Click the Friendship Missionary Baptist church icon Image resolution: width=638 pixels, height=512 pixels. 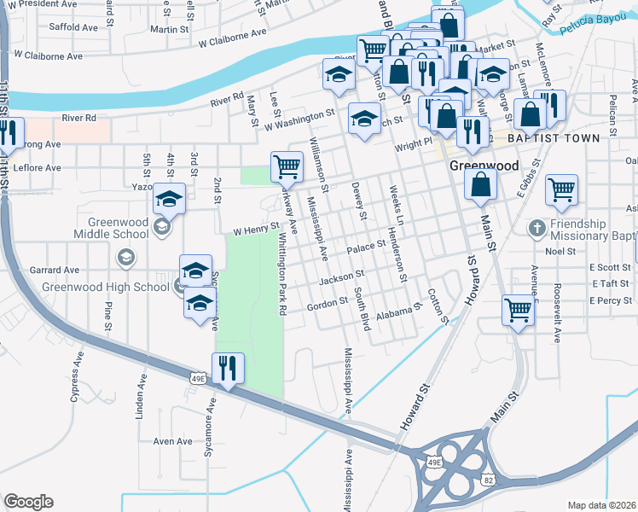point(536,228)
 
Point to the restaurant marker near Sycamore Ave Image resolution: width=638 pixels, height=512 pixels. point(228,369)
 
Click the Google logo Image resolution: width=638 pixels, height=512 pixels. point(28,502)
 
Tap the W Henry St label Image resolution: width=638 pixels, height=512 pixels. point(256,229)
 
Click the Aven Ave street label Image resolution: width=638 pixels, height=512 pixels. point(172,441)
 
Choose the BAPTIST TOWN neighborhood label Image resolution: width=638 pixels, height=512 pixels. point(550,137)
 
